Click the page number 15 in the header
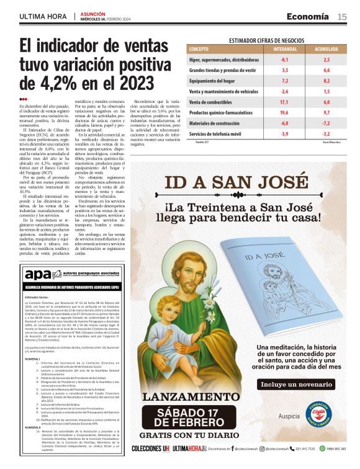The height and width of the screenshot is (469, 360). pyautogui.click(x=342, y=17)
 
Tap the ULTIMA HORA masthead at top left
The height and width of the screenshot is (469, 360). pyautogui.click(x=43, y=17)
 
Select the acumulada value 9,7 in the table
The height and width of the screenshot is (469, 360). pyautogui.click(x=326, y=112)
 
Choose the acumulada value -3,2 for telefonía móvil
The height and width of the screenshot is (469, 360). pyautogui.click(x=326, y=133)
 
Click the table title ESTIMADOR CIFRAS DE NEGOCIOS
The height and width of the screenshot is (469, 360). pyautogui.click(x=268, y=40)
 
